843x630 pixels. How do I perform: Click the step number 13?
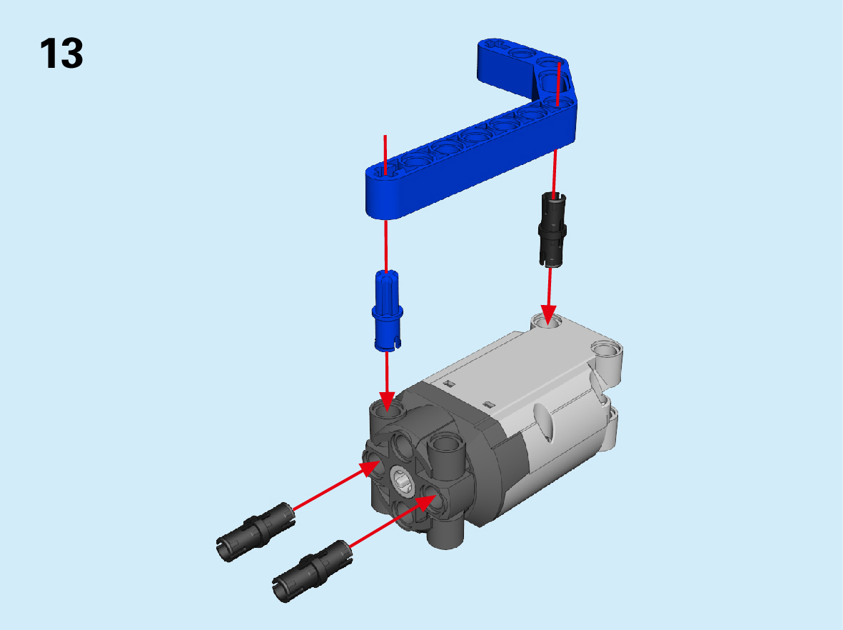click(61, 54)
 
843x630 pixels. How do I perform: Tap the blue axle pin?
click(387, 311)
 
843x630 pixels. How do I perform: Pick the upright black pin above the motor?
click(552, 229)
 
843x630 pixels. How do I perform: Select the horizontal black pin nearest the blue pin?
click(256, 532)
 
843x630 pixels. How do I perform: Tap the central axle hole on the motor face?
click(401, 479)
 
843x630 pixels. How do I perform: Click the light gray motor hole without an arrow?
click(607, 351)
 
